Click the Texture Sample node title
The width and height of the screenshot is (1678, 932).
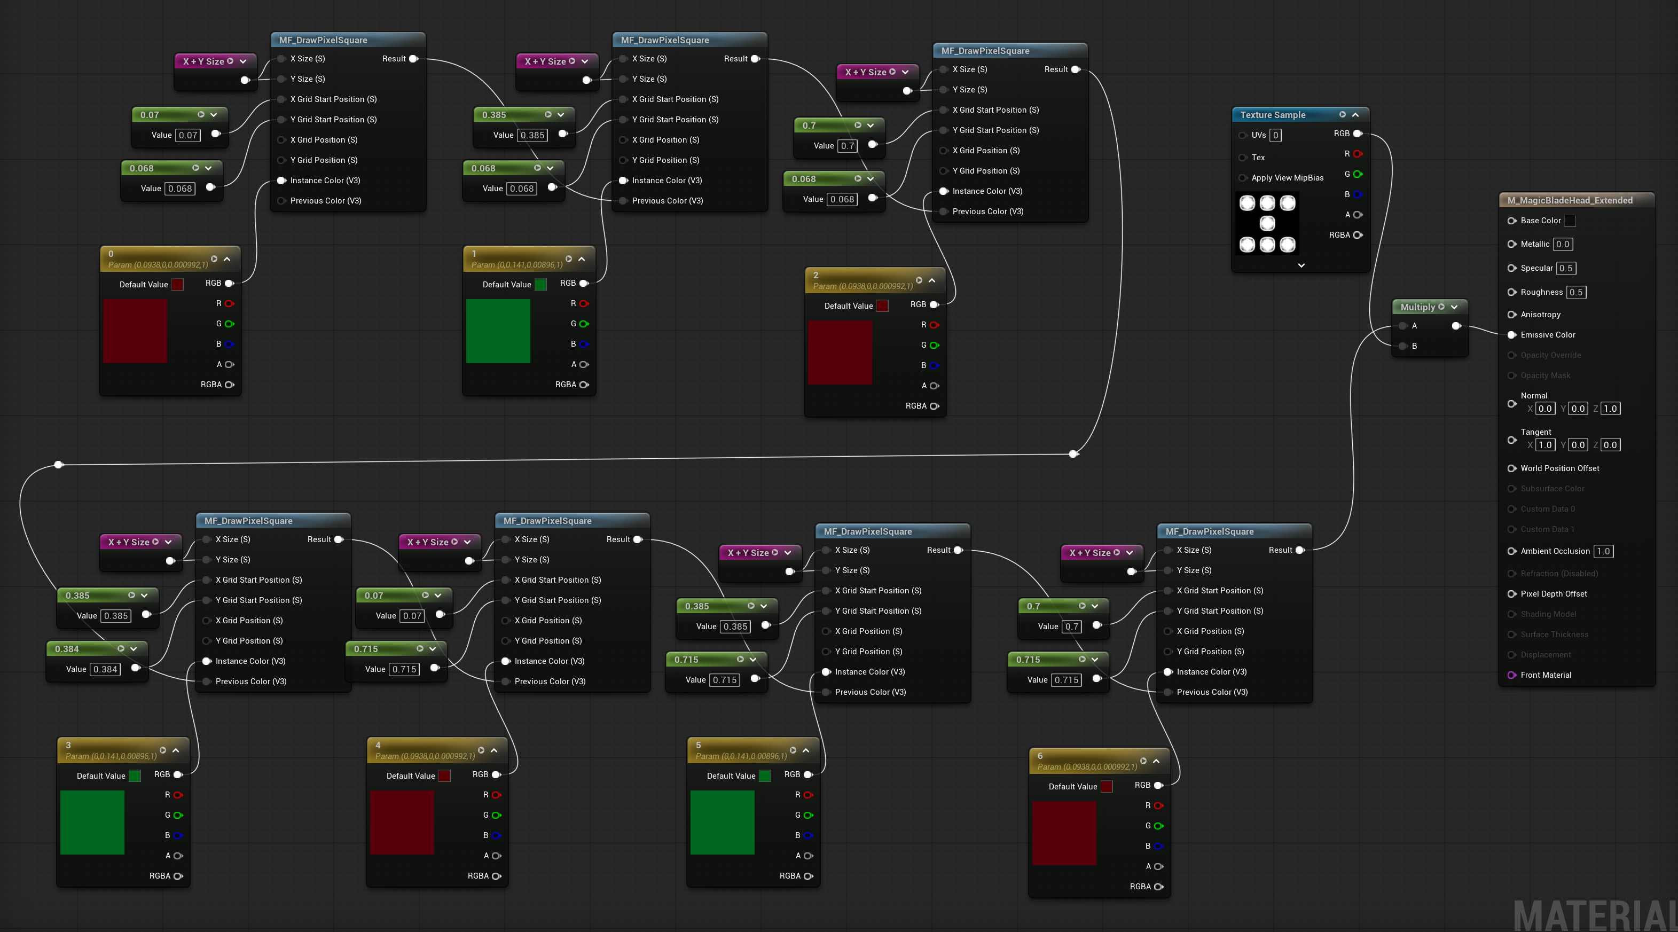tap(1272, 115)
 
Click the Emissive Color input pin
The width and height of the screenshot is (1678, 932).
tap(1512, 335)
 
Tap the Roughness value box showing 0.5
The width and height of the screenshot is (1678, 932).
tap(1576, 293)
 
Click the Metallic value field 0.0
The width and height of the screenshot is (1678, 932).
tap(1563, 244)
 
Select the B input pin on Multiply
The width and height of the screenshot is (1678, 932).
tap(1403, 346)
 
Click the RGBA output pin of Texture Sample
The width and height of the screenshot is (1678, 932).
tap(1358, 235)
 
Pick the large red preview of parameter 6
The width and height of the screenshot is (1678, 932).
tap(1064, 833)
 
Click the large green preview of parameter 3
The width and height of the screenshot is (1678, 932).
tap(92, 822)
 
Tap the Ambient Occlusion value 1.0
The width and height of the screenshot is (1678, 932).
tap(1603, 551)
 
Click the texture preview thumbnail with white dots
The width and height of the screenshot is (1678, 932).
tap(1267, 223)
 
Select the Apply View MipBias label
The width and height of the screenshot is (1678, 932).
tap(1287, 178)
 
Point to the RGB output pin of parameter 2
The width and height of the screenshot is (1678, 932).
tap(934, 305)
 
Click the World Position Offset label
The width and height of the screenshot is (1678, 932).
tap(1560, 468)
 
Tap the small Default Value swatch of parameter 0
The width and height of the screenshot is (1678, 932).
tap(177, 285)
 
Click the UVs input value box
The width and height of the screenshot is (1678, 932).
tap(1275, 136)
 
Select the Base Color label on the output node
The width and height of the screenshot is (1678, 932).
tap(1541, 221)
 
